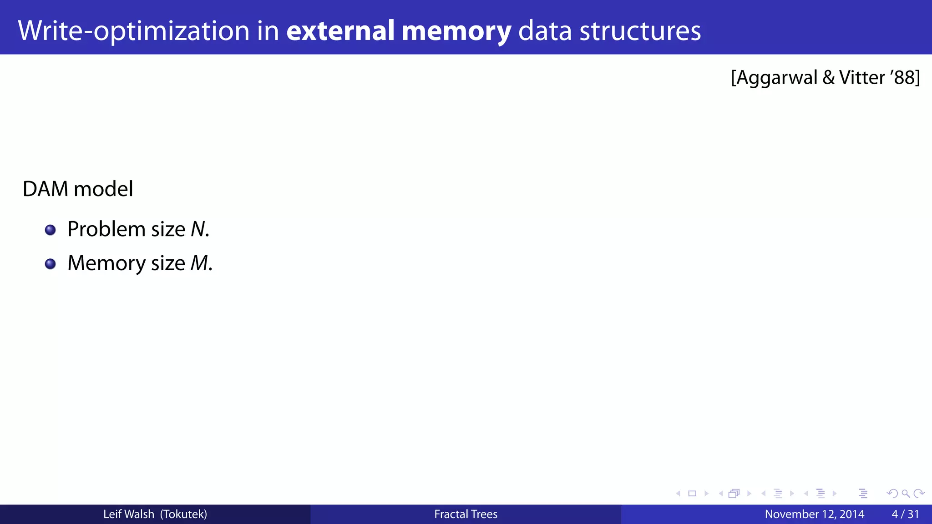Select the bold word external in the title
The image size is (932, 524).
point(340,31)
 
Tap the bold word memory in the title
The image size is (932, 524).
point(456,31)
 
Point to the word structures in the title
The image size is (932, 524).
point(640,31)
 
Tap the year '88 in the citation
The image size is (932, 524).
point(902,78)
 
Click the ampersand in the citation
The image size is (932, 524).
point(828,78)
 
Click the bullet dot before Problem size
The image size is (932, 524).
point(51,230)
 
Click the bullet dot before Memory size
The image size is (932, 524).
point(51,264)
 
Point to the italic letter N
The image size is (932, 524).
point(198,229)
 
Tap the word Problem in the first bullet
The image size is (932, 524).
point(106,229)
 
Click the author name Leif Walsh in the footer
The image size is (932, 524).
point(129,514)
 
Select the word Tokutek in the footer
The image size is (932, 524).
point(183,514)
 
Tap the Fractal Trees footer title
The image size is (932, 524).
point(466,514)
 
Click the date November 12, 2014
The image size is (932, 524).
point(814,514)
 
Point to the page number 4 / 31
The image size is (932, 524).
point(905,514)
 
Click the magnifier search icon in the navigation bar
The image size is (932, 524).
point(906,494)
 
